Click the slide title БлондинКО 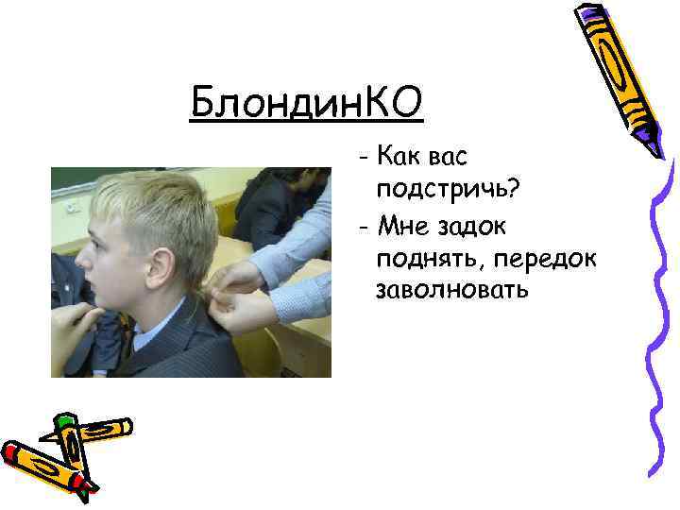pos(306,101)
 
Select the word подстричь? pos(447,189)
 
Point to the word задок pos(475,224)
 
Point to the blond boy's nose pos(78,263)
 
